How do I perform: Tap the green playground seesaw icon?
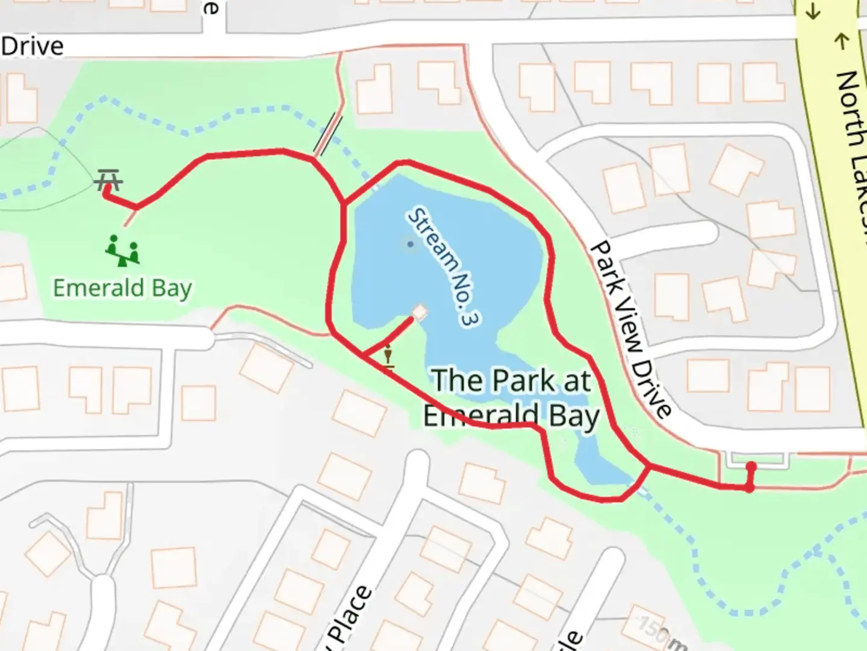(122, 251)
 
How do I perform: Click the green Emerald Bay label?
(122, 288)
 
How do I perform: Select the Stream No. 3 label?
(444, 267)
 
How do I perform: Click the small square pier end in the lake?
(420, 312)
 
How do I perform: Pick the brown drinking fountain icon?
(388, 356)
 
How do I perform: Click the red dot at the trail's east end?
(751, 467)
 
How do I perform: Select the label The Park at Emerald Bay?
(512, 398)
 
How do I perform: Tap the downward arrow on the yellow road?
(813, 11)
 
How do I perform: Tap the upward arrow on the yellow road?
(841, 41)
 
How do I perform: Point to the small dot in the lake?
(411, 244)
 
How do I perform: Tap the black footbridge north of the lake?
(328, 136)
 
